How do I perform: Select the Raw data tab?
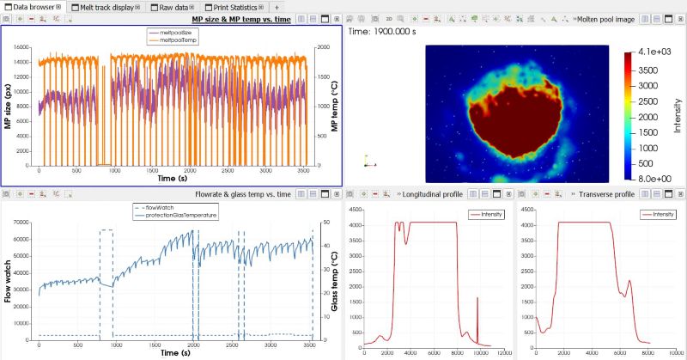(x=175, y=7)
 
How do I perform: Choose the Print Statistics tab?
(x=229, y=7)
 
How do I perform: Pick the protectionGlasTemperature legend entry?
(x=176, y=215)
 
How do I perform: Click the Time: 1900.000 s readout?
(x=383, y=30)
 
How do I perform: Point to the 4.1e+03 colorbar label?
(x=651, y=53)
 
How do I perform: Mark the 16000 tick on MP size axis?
(x=22, y=47)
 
